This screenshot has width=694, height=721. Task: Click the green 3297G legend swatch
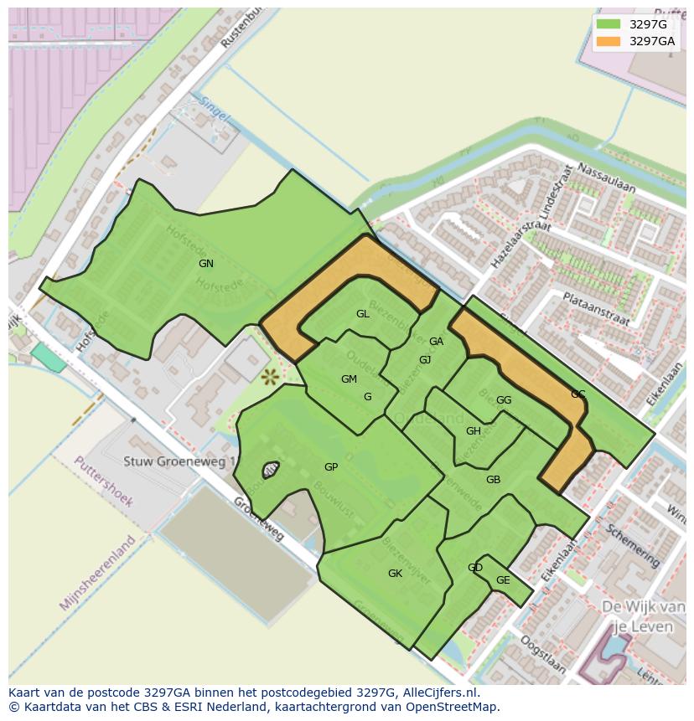pyautogui.click(x=609, y=24)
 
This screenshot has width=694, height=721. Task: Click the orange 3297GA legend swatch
pyautogui.click(x=609, y=41)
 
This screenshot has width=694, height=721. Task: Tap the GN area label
pyautogui.click(x=205, y=264)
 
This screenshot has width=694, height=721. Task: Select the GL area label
pyautogui.click(x=362, y=314)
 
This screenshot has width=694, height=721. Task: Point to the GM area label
pyautogui.click(x=349, y=379)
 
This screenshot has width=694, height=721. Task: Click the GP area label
pyautogui.click(x=331, y=467)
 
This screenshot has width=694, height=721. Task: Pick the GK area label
pyautogui.click(x=395, y=574)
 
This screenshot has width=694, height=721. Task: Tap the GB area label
pyautogui.click(x=493, y=480)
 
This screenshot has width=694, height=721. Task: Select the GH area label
pyautogui.click(x=473, y=431)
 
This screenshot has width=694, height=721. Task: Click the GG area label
pyautogui.click(x=503, y=400)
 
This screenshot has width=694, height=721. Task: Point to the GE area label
pyautogui.click(x=502, y=580)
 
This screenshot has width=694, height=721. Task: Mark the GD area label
pyautogui.click(x=474, y=568)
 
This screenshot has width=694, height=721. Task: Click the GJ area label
pyautogui.click(x=425, y=360)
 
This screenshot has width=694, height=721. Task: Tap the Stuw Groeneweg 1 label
pyautogui.click(x=179, y=461)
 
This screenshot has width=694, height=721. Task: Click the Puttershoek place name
pyautogui.click(x=103, y=482)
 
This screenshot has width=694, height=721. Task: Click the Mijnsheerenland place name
pyautogui.click(x=97, y=573)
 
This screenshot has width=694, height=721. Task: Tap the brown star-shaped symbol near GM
pyautogui.click(x=270, y=377)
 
